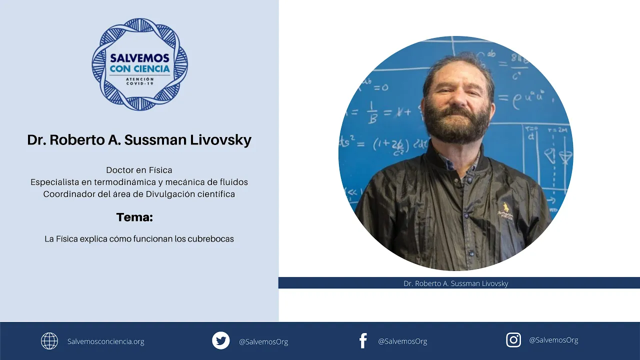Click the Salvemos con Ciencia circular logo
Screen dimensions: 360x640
139,64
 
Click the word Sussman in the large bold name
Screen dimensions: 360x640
155,139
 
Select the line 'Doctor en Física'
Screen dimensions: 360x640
139,170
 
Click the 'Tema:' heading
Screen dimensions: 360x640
134,217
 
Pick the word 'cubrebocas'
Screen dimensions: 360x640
210,239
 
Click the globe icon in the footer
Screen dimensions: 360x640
49,341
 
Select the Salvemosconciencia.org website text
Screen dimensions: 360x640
106,341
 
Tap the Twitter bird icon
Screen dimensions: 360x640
220,340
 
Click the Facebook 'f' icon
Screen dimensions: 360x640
363,341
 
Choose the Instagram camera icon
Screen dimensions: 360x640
513,340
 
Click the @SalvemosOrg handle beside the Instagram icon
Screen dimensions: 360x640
553,340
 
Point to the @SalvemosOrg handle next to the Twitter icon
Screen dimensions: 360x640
263,341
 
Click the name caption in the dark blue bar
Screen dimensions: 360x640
455,283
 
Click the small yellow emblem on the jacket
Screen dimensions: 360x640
506,207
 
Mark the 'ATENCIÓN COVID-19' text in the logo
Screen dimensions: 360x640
139,81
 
